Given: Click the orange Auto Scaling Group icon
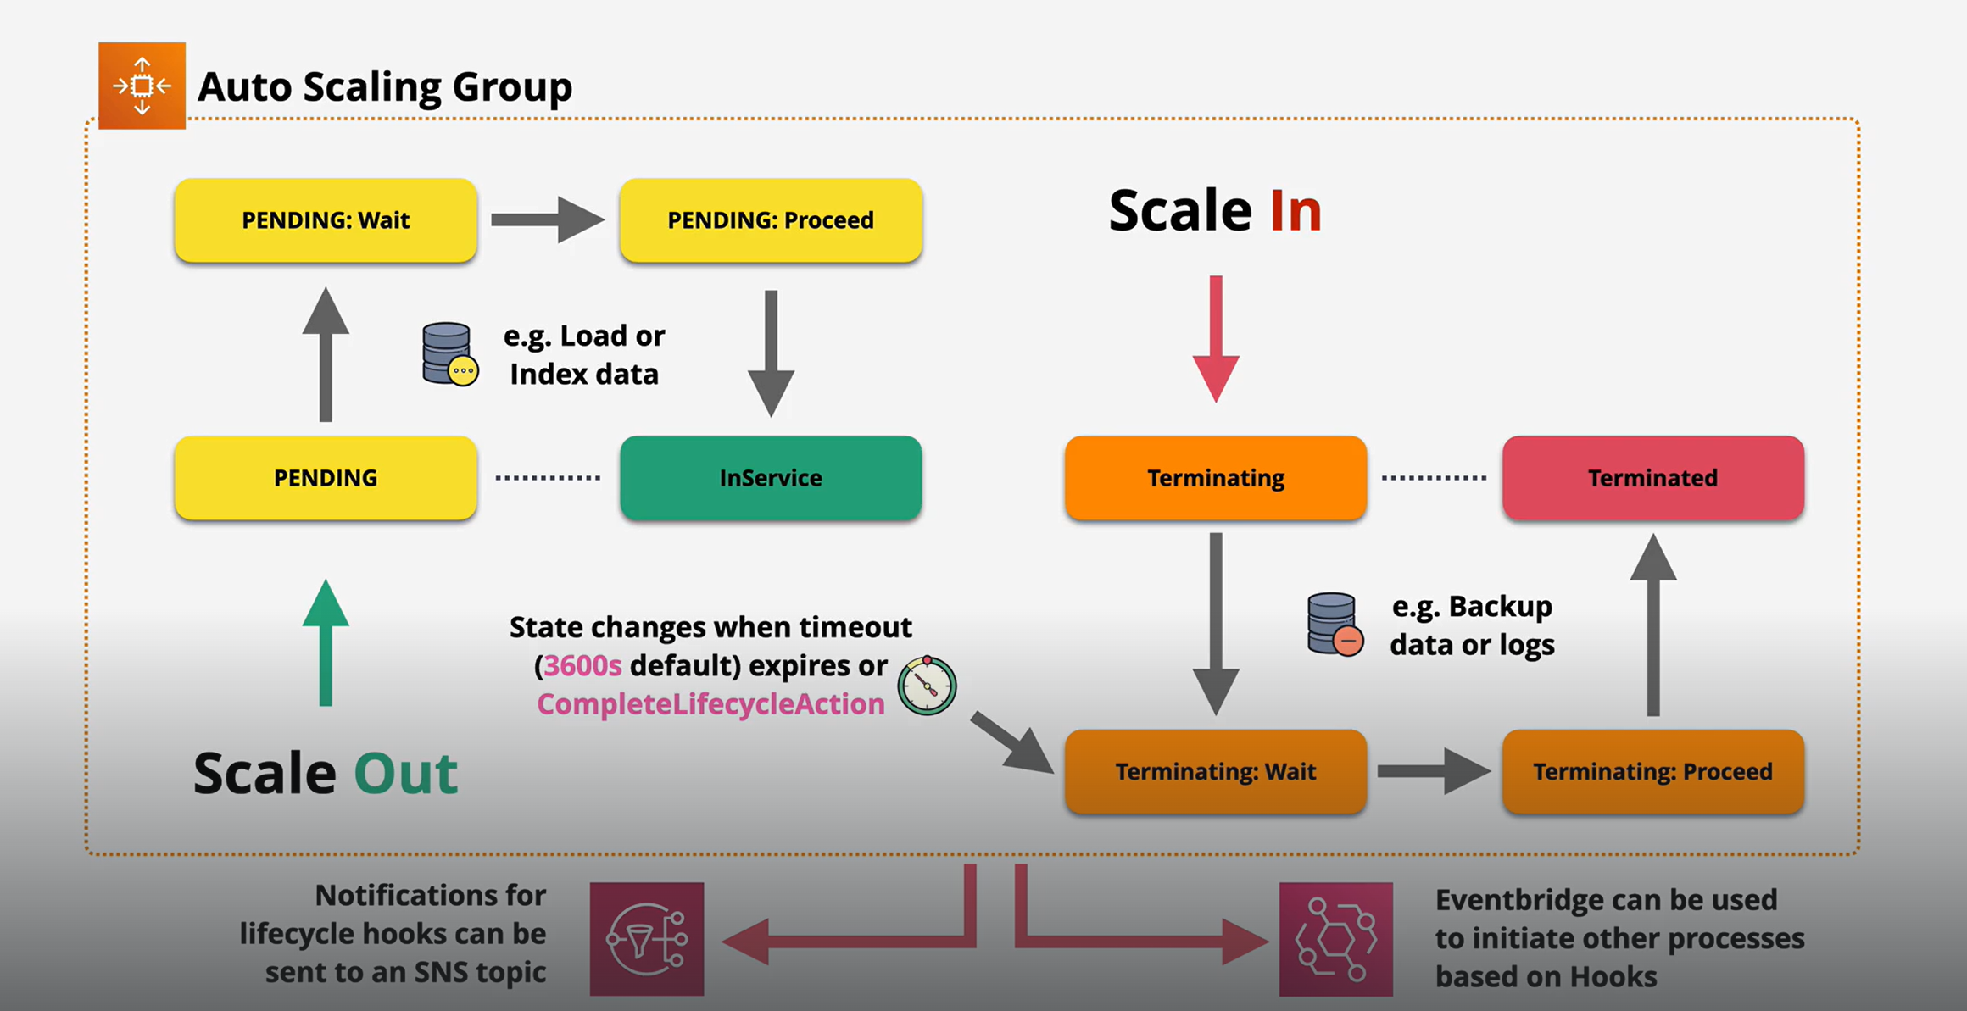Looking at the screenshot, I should [x=142, y=86].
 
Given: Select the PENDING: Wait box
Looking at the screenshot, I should [x=326, y=220].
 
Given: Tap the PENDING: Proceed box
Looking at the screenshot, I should [x=770, y=220].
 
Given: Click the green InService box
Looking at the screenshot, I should [x=770, y=478].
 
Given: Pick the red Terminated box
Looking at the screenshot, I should [x=1652, y=478].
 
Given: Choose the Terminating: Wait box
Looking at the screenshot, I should [x=1215, y=771].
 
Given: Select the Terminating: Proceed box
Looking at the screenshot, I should [x=1652, y=771].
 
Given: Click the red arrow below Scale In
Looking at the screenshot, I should [x=1216, y=339].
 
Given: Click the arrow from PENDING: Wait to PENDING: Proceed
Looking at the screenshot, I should [x=547, y=220].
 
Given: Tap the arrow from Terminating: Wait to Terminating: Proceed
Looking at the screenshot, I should [x=1434, y=771].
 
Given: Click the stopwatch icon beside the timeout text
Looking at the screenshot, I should [x=927, y=686].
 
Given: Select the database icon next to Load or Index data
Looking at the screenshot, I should [x=449, y=354].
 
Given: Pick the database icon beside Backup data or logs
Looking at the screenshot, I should [x=1335, y=625].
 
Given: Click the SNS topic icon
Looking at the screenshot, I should [x=647, y=939].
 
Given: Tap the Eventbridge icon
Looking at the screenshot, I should [x=1335, y=939].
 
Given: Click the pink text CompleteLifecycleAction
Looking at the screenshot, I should [x=710, y=704].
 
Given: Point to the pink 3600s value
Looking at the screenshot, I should [x=582, y=666].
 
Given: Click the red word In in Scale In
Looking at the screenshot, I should [x=1296, y=211].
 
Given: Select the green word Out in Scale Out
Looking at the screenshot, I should [x=405, y=773].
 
